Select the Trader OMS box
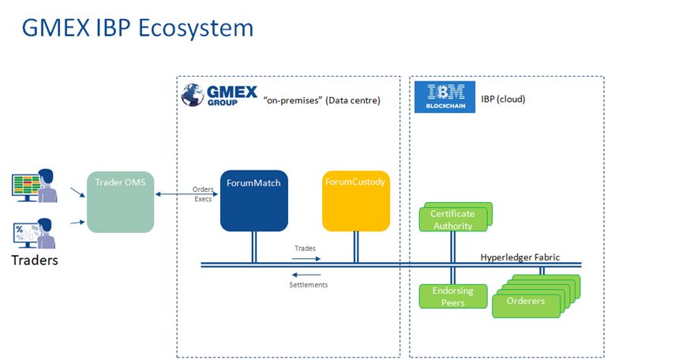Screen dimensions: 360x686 pos(120,201)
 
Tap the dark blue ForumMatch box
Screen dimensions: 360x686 pos(253,200)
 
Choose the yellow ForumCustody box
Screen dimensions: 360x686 pos(355,200)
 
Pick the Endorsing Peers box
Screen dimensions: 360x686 pos(452,297)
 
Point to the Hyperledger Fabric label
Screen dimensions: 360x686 pos(520,257)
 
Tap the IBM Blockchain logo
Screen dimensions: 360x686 pos(444,97)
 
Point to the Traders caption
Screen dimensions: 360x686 pos(34,260)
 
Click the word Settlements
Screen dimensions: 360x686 pos(308,284)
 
